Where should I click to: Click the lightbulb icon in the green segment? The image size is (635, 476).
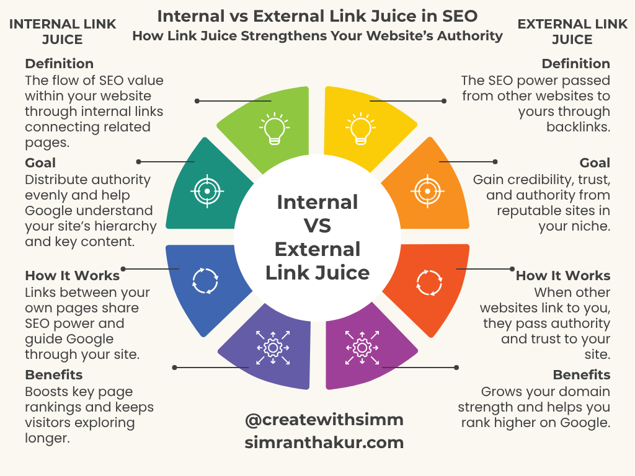pos(273,128)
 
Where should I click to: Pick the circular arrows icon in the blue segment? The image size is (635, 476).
pos(205,280)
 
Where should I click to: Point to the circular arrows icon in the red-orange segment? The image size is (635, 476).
pos(429,282)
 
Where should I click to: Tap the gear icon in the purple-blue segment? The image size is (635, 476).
pos(273,347)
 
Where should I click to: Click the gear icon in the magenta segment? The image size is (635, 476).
pos(362,347)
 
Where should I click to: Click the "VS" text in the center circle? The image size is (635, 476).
pos(317,226)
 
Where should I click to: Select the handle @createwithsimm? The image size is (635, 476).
pos(324,420)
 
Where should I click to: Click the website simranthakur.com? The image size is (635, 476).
pos(324,443)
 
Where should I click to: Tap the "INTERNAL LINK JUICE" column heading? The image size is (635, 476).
pos(63,32)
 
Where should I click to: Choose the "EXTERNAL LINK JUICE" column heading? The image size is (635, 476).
pos(571,32)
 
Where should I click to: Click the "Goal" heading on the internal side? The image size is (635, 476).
pos(40,163)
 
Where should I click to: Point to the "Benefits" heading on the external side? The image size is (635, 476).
pos(582,375)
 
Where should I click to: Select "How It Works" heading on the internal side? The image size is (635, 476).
pos(73,276)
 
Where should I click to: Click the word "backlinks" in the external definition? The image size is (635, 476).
pos(577,127)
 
